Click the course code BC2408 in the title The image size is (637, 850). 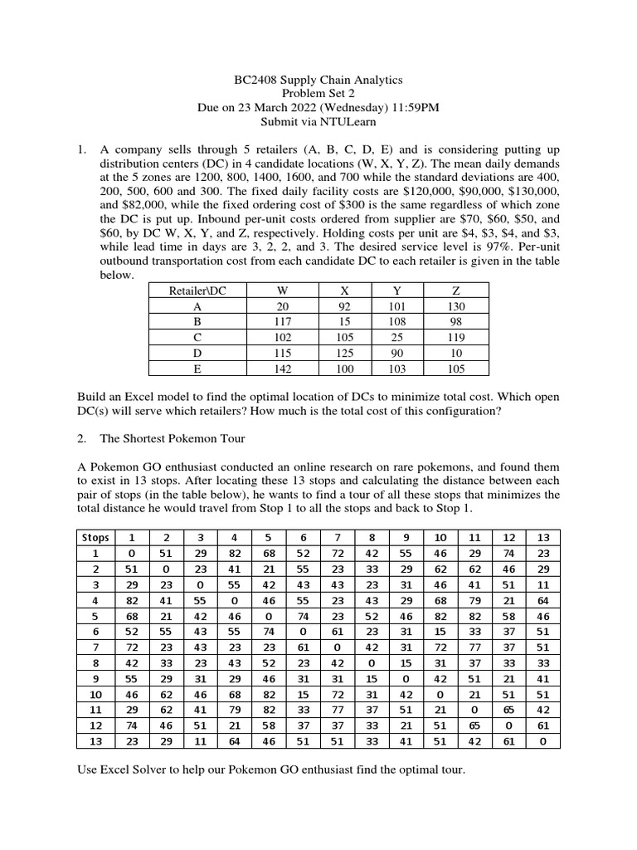pos(250,80)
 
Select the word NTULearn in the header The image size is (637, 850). pos(348,122)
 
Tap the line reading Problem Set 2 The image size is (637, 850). pos(318,94)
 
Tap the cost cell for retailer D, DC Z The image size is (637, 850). pos(455,353)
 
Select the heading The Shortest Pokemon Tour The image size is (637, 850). pos(173,438)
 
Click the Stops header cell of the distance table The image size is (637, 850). pos(95,537)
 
